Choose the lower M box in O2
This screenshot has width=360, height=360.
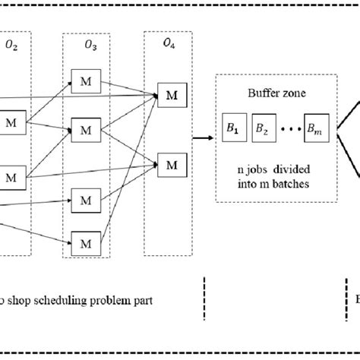click(x=11, y=177)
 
